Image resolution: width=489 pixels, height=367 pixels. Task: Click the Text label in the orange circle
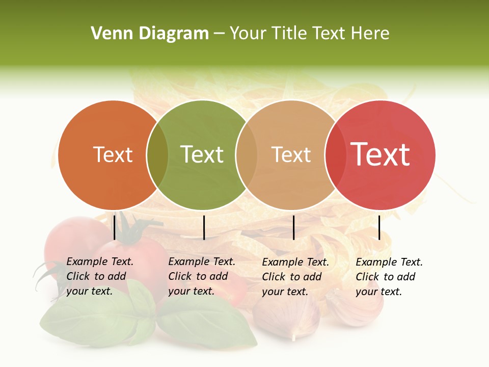coord(113,154)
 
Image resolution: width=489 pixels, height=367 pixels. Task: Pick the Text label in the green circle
coord(202,154)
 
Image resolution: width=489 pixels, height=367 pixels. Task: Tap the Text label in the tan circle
coord(291,154)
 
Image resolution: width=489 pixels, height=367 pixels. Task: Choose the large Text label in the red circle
coord(380,154)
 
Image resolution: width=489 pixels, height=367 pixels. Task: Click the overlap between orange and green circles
coord(157,155)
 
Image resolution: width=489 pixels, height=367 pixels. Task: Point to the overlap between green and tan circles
coord(246,155)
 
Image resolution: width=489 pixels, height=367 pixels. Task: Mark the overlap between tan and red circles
coord(334,155)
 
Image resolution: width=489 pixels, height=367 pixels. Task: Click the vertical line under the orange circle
coord(114,227)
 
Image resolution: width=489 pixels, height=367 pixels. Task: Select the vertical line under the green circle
coord(204,227)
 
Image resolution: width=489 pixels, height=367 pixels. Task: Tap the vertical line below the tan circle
coord(293,227)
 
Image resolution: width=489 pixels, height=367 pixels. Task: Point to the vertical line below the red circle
coord(379,227)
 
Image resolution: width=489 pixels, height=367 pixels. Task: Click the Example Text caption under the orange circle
coord(99,276)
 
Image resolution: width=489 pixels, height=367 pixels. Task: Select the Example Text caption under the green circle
coord(201,276)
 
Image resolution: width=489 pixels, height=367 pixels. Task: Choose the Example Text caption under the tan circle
coord(295,277)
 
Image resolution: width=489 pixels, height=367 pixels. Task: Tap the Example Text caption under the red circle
coord(389,277)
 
